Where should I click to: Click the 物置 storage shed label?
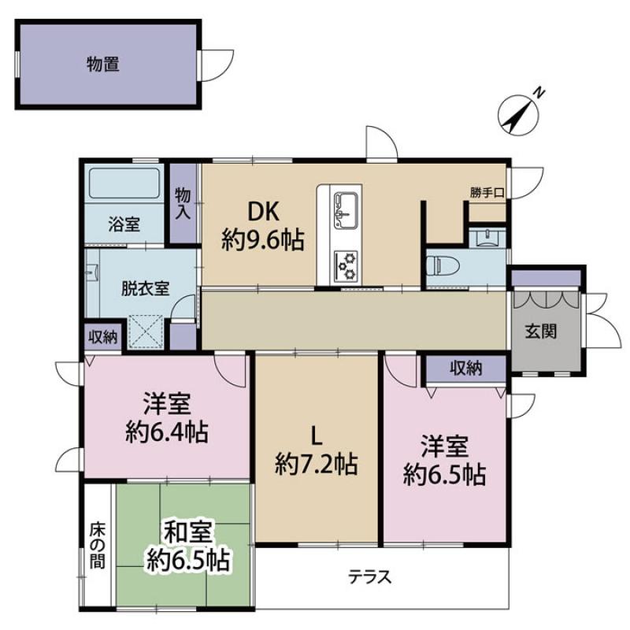pos(103,64)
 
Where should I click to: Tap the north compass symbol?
pos(518,113)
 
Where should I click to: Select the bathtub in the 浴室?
pos(124,183)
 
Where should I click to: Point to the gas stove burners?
pos(346,265)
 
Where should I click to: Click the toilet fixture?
pos(440,265)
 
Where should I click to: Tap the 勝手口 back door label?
pos(487,193)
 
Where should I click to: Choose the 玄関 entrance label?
pos(541,332)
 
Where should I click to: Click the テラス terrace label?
pos(369,577)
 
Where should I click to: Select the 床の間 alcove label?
pos(98,545)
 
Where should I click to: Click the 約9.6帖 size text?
pos(263,240)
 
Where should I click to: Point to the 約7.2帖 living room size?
pos(317,464)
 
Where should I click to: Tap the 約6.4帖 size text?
pos(167,432)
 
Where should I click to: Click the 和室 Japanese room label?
pos(187,532)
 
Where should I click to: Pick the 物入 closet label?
pos(183,204)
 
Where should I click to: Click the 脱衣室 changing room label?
pos(146,288)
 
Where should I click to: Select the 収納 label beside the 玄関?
pos(466,368)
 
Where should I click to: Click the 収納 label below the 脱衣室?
pos(103,337)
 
